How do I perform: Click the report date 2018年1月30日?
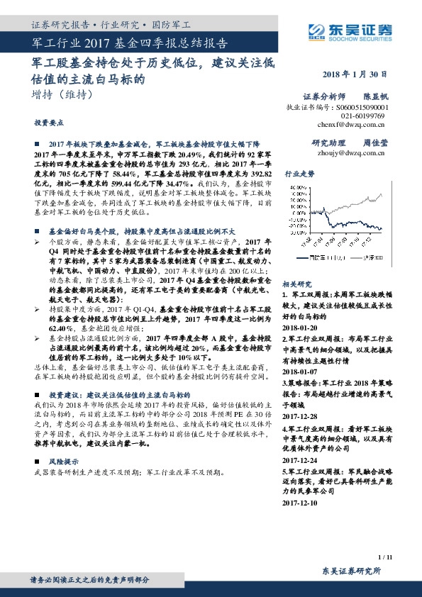click(352, 75)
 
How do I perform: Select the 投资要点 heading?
click(47, 122)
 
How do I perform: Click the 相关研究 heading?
click(296, 282)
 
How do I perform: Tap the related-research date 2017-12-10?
click(302, 503)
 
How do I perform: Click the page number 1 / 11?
click(384, 558)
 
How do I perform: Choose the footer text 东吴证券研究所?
click(352, 571)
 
